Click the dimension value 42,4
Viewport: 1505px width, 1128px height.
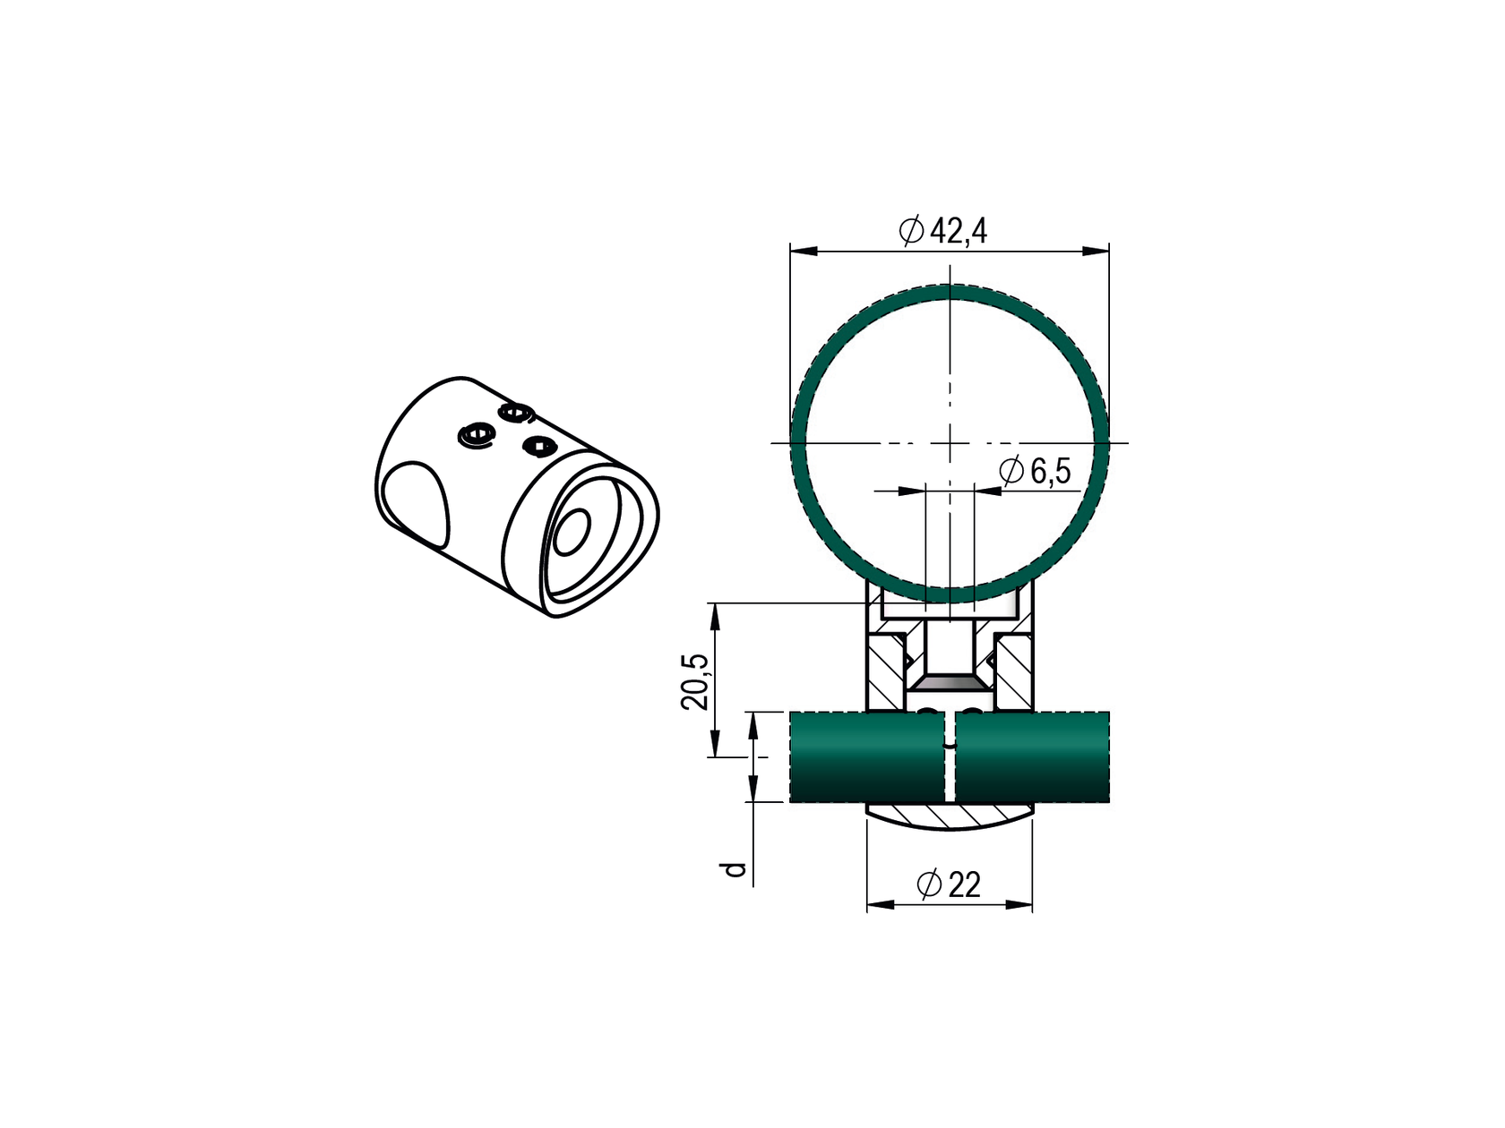pos(958,232)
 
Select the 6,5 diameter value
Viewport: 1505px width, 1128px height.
pos(1050,472)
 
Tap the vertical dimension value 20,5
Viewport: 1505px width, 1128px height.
pos(694,681)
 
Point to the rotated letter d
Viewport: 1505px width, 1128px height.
pos(735,869)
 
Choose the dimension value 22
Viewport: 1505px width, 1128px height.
pos(964,884)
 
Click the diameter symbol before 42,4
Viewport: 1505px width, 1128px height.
pos(911,232)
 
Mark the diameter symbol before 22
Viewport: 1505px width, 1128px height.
pos(929,884)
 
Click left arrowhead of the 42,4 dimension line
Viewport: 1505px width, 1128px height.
pos(804,251)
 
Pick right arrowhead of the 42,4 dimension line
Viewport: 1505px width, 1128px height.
pos(1095,251)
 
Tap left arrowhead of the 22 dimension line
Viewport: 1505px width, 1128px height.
pos(881,905)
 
